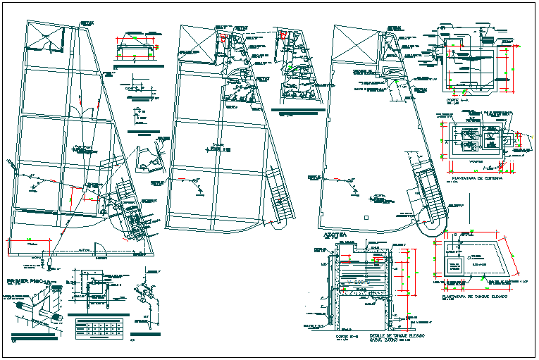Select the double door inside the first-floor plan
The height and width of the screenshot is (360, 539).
pyautogui.click(x=85, y=113)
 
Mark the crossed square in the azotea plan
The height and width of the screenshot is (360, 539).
pyautogui.click(x=350, y=38)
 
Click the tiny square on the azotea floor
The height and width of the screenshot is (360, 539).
pyautogui.click(x=366, y=219)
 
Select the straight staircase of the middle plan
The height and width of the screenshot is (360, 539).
pyautogui.click(x=280, y=198)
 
